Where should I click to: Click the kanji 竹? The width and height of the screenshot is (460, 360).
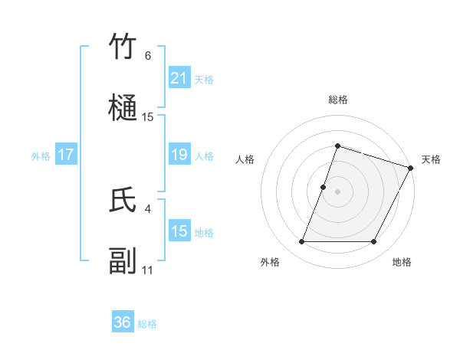pos(123,47)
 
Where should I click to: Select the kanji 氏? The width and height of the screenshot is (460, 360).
pos(123,200)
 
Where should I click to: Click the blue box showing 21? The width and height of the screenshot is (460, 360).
pos(179,78)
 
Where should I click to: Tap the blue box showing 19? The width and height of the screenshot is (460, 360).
pos(179,155)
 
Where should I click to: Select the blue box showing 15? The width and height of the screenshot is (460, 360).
pos(179,231)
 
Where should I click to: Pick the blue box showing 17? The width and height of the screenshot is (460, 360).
pos(66,155)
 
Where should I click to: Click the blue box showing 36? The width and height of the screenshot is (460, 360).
pos(123,323)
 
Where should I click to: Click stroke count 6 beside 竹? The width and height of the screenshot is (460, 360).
pos(148,56)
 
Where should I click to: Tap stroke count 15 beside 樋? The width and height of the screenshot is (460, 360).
pos(148,117)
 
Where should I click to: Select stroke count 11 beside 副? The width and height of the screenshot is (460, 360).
pos(148,270)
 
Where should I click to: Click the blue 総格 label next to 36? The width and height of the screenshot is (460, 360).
pos(147,324)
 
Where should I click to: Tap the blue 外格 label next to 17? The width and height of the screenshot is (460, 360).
pos(41,156)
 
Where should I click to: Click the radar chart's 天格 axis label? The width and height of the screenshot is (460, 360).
pos(431,159)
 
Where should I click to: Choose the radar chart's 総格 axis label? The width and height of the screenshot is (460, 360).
pos(338,100)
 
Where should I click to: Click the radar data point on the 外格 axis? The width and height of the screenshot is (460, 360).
pos(301,242)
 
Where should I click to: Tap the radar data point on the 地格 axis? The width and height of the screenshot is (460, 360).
pos(374,242)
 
